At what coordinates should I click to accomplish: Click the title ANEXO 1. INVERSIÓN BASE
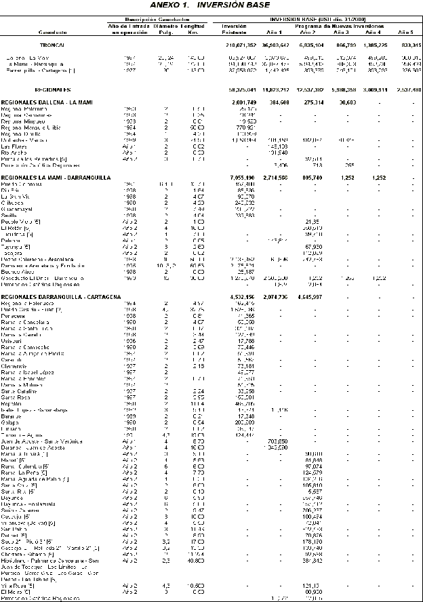[x=211, y=5]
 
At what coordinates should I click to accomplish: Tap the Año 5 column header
[x=405, y=32]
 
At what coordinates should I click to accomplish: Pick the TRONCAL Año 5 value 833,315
[x=407, y=44]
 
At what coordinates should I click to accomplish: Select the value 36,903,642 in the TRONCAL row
[x=275, y=44]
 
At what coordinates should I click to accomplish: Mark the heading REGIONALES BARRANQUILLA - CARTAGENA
[x=61, y=297]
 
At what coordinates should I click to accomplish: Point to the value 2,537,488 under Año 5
[x=407, y=89]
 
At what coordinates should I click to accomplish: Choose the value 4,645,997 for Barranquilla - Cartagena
[x=309, y=297]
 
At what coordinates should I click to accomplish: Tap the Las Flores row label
[x=14, y=146]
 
